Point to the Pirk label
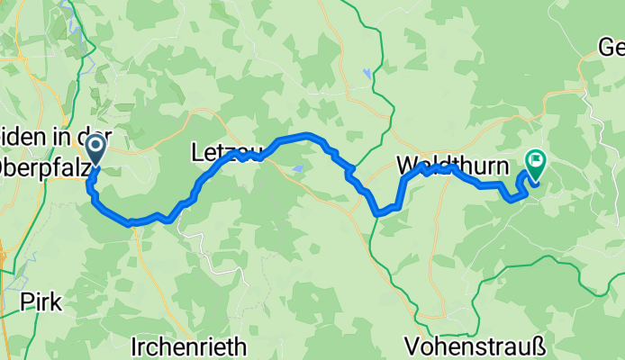point(42,302)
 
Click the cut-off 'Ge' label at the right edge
point(611,47)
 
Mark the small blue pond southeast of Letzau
point(297,168)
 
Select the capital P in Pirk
point(27,302)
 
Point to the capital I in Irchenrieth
point(135,346)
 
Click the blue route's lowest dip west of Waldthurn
point(380,213)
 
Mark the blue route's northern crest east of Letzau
point(306,136)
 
